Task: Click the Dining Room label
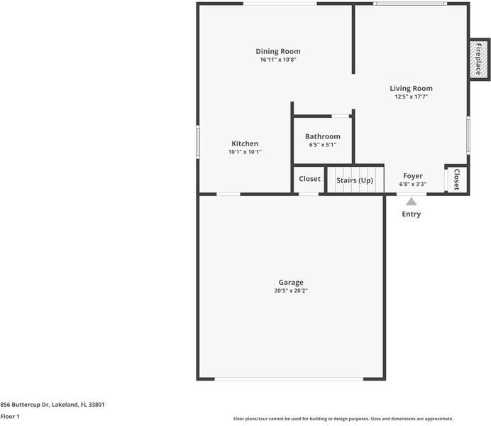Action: click(x=278, y=51)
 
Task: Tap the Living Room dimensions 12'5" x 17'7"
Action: click(x=411, y=97)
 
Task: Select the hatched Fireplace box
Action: click(x=479, y=60)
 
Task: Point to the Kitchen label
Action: click(x=245, y=143)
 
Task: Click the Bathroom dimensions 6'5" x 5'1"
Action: click(x=323, y=145)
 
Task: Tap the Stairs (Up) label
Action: click(x=355, y=180)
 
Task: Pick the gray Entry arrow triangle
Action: click(x=411, y=202)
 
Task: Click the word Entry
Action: click(x=411, y=214)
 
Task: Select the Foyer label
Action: click(x=413, y=176)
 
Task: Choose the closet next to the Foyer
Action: click(x=456, y=179)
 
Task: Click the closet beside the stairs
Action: click(x=309, y=179)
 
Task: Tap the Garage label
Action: click(x=291, y=283)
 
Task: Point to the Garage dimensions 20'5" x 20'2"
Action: click(x=291, y=290)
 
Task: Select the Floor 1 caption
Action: click(x=10, y=417)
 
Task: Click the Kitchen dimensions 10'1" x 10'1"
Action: click(x=245, y=152)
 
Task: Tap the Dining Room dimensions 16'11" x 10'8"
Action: click(x=278, y=60)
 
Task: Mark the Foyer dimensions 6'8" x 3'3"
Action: click(x=413, y=184)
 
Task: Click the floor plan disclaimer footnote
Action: click(x=343, y=419)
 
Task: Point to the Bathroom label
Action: click(x=323, y=136)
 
